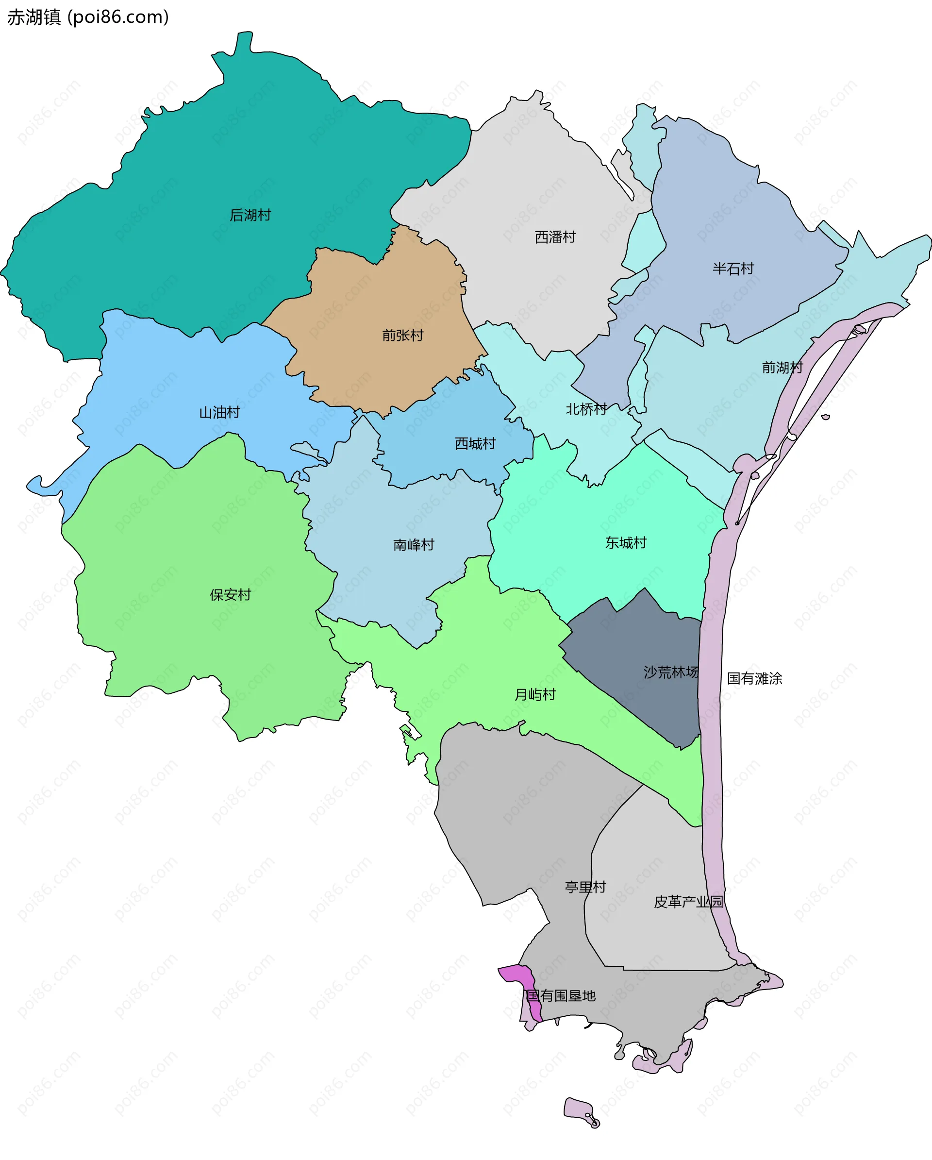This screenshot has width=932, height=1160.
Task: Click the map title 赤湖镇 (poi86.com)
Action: click(88, 17)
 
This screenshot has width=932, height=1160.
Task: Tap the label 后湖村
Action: click(250, 215)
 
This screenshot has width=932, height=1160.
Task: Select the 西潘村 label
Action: click(555, 237)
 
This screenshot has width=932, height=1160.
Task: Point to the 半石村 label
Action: click(733, 269)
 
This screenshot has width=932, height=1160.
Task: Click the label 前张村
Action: click(403, 336)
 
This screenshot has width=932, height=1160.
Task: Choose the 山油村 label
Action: click(219, 413)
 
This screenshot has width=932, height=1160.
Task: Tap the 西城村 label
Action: click(475, 444)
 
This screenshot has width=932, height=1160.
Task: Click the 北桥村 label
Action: click(586, 409)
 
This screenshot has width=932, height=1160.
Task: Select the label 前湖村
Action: click(782, 368)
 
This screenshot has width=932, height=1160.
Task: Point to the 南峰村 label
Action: click(414, 545)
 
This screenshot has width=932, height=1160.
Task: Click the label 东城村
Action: click(625, 543)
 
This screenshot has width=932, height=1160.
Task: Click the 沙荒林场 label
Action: click(671, 672)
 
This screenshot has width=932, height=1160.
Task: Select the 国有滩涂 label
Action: click(754, 678)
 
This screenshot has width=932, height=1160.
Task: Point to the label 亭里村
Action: click(585, 887)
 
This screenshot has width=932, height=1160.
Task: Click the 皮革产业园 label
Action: click(688, 902)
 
